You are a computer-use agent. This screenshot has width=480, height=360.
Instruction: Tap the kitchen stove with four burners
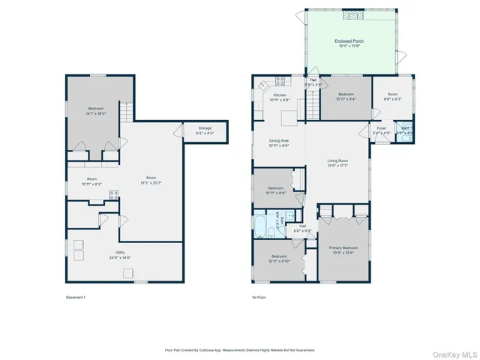coord(280,80)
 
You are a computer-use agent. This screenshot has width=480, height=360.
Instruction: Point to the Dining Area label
coord(279,142)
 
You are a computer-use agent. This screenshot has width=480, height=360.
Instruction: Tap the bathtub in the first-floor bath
coord(261,224)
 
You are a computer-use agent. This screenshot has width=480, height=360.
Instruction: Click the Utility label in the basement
coord(120,254)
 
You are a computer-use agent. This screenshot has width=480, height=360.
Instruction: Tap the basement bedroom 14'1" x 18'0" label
coord(96,111)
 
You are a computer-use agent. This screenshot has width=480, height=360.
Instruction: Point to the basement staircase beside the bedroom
coord(126,112)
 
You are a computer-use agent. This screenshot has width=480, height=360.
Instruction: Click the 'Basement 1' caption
coord(76,298)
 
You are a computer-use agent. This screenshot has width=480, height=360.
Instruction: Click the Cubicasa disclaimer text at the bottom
coord(239,349)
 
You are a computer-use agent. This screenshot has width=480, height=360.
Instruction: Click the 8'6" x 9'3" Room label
coord(393,97)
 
